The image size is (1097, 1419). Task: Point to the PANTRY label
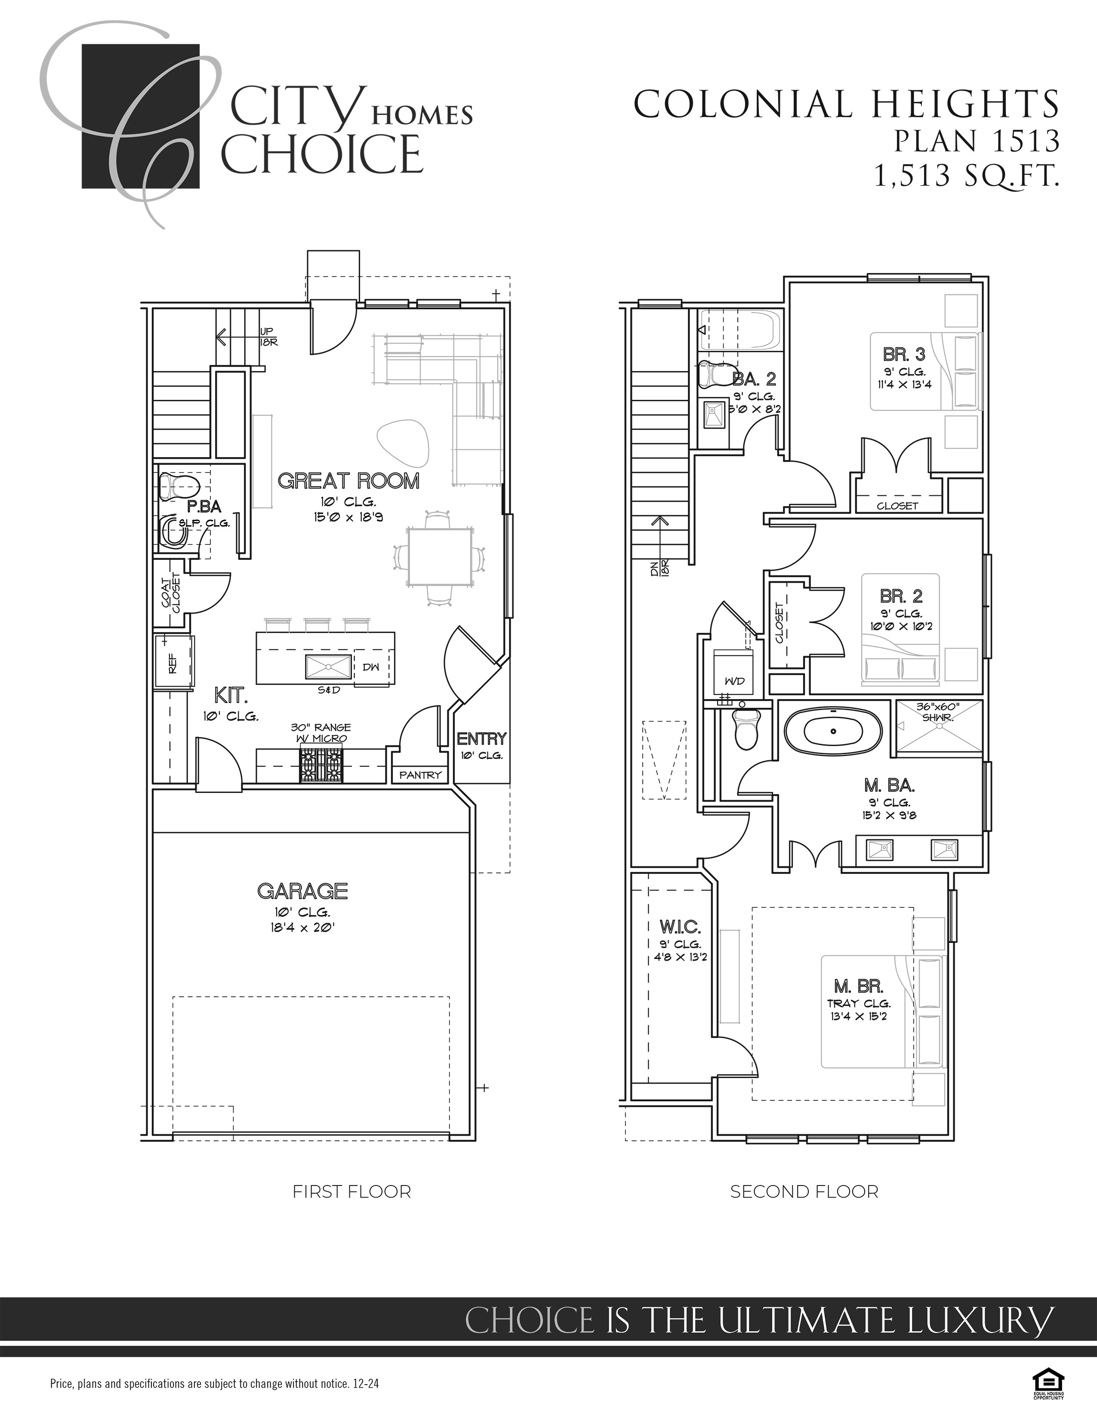(420, 774)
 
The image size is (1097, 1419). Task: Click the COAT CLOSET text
(170, 593)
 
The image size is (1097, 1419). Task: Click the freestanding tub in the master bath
(834, 732)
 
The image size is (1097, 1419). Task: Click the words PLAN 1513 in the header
(976, 141)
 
